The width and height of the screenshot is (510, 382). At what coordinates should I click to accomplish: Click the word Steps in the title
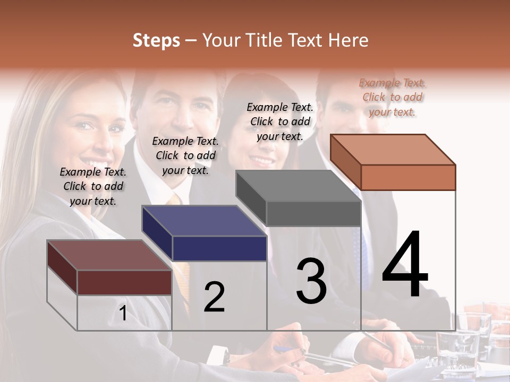[156, 40]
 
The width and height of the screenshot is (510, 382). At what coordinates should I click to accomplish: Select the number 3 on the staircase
[311, 281]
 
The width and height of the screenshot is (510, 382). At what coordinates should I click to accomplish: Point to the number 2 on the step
[214, 297]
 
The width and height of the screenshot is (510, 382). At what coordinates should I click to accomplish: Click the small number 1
[123, 314]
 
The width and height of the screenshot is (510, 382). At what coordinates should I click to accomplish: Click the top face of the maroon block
[109, 255]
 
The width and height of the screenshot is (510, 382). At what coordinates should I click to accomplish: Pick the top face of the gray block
[297, 186]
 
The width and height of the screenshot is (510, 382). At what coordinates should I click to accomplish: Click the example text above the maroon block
[93, 186]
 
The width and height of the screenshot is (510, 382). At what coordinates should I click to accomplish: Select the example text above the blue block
[185, 155]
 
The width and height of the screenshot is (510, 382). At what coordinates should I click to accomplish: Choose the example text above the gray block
[280, 121]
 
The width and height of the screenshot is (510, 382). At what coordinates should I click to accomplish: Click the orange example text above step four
[392, 97]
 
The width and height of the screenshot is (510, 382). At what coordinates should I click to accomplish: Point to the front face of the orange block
[408, 177]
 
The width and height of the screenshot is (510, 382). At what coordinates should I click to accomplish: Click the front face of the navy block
[219, 248]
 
